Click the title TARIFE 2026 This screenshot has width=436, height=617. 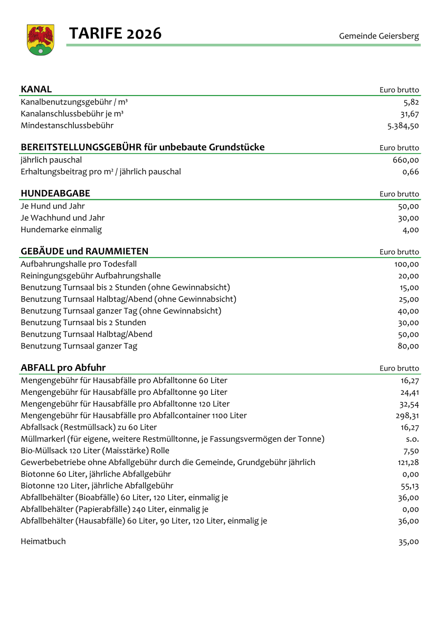pos(115,34)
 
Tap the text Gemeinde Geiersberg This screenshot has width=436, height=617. pos(378,36)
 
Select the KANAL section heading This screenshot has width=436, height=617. pos(36,89)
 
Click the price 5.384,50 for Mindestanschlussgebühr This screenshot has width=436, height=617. pos(403,126)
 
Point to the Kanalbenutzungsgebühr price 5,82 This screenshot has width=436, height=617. pos(411,102)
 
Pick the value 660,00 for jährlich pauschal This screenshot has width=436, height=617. pos(406,160)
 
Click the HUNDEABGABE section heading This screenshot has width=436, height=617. pos(55,194)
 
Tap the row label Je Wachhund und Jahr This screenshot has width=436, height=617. pos(63,217)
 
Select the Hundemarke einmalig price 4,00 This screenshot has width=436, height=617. pos(411,230)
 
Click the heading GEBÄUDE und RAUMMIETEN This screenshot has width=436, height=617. pos(84,251)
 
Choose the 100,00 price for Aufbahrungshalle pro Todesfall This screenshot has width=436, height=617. pos(406,264)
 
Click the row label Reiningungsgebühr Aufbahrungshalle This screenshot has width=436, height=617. pos(91,276)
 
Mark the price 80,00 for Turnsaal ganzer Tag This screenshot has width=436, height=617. pos(409,346)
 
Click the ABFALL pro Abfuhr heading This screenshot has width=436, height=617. pos(67,368)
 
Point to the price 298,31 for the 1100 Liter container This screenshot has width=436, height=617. pos(407,415)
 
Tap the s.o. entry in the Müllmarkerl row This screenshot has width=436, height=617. pos(412,439)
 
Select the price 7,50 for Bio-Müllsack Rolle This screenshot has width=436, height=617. pos(411,451)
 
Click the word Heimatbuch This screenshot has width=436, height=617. pos(43,542)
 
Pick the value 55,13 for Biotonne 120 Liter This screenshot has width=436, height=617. pos(409,486)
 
